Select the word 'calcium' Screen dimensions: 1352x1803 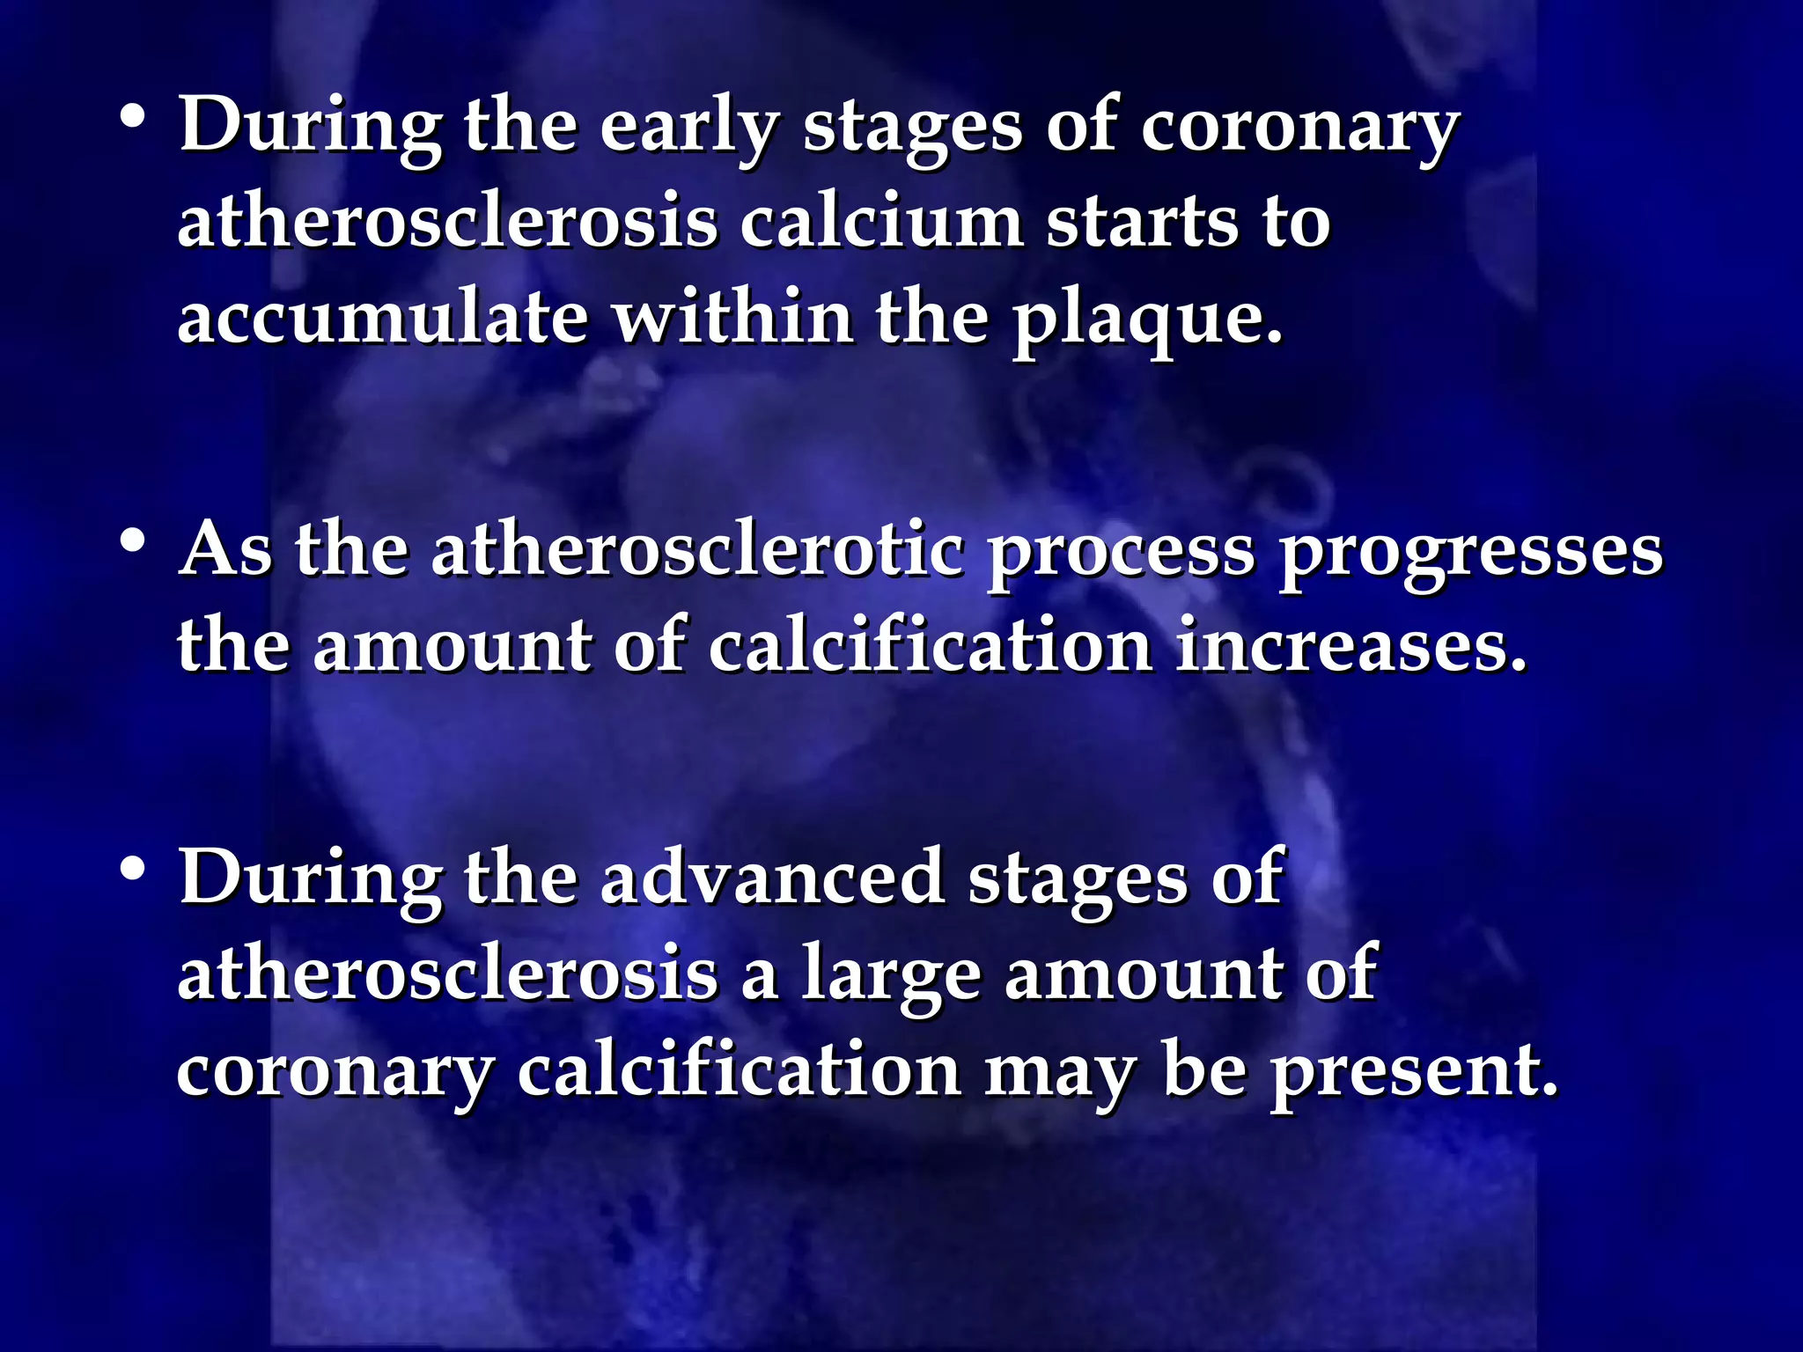click(881, 223)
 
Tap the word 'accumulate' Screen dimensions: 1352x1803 click(382, 319)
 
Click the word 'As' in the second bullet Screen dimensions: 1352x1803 click(225, 551)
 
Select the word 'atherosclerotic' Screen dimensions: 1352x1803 click(695, 551)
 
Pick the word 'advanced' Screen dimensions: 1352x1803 click(772, 878)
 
